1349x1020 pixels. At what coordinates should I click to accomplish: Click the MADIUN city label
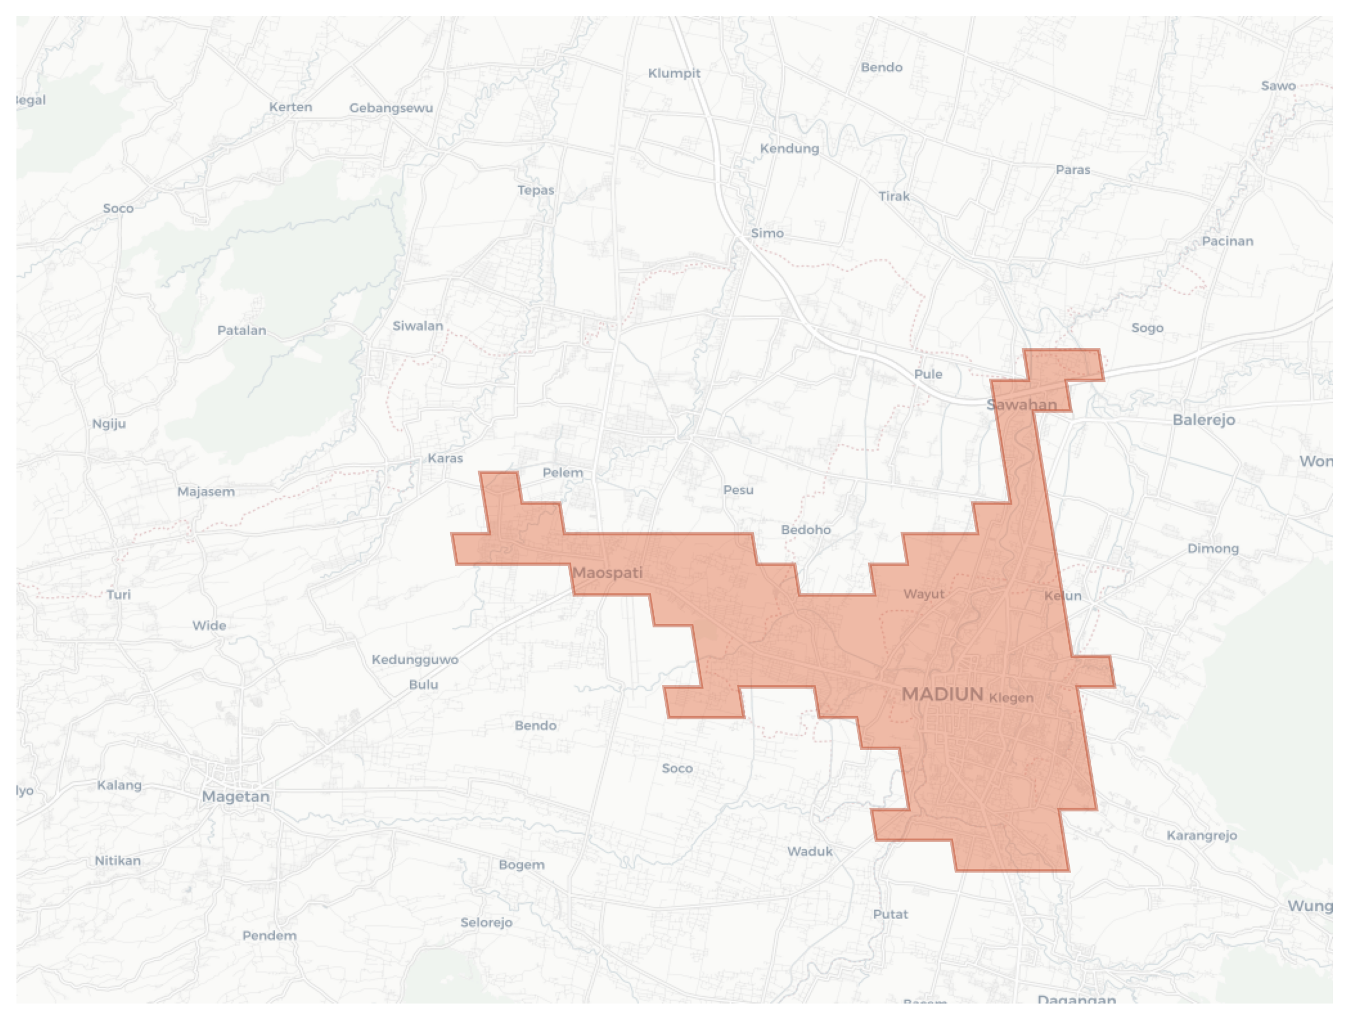coord(942,694)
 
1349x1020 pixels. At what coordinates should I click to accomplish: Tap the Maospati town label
coord(607,572)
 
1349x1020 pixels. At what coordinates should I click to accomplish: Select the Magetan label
coord(235,796)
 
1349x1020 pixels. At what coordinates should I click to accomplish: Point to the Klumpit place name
coord(674,73)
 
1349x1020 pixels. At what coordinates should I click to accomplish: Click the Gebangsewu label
coord(391,108)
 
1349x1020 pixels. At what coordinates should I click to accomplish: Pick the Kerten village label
coord(290,107)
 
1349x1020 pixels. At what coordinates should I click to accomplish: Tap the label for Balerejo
coord(1203,420)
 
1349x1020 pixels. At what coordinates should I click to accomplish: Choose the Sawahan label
coord(1022,404)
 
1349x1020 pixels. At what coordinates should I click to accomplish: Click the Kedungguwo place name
coord(415,660)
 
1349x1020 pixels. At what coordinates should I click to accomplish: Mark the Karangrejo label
coord(1201,835)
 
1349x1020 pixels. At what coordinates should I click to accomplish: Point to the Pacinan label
coord(1227,241)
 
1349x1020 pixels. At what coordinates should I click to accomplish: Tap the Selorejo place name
coord(486,922)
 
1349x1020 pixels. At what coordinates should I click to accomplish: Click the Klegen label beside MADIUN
coord(1011,697)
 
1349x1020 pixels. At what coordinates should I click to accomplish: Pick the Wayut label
coord(923,594)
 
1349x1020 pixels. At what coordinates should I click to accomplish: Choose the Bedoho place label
coord(806,529)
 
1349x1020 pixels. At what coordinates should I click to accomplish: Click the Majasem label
coord(206,491)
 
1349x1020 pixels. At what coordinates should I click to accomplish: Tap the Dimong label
coord(1212,549)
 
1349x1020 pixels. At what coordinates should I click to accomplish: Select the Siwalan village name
coord(418,326)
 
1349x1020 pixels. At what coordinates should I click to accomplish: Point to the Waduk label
coord(809,851)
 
